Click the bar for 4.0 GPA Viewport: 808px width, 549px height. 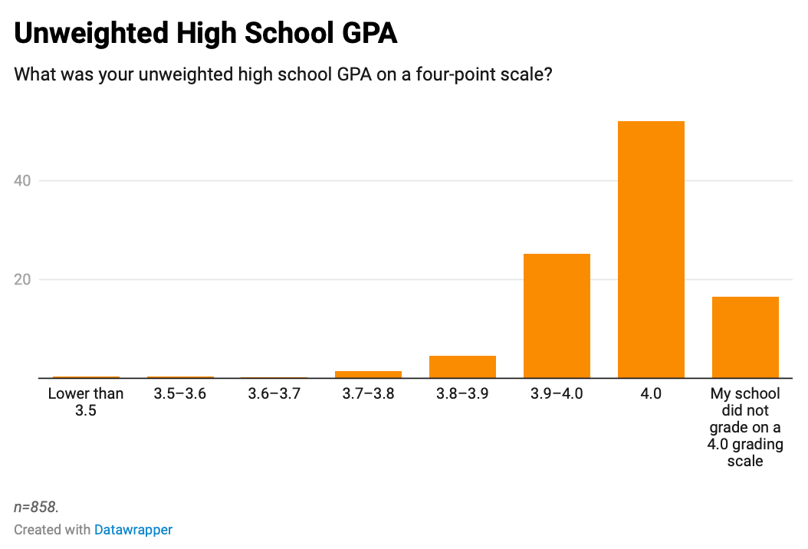pyautogui.click(x=651, y=249)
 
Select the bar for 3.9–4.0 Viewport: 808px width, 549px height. pyautogui.click(x=557, y=315)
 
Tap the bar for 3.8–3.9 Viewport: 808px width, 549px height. pyautogui.click(x=462, y=367)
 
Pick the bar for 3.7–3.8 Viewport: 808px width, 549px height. pyautogui.click(x=368, y=374)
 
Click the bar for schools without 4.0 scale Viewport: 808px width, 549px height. pyautogui.click(x=745, y=337)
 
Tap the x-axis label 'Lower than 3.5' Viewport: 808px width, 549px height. pyautogui.click(x=86, y=402)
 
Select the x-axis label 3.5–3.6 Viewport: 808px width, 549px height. pyautogui.click(x=180, y=394)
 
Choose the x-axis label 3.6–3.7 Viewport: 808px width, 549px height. pyautogui.click(x=274, y=394)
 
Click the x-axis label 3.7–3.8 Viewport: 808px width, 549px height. pyautogui.click(x=368, y=394)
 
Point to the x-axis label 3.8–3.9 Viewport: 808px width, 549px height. pyautogui.click(x=462, y=394)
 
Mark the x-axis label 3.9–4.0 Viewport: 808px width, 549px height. pyautogui.click(x=557, y=394)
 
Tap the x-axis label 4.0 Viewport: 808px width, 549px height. pyautogui.click(x=651, y=394)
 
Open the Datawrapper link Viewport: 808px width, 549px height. pyautogui.click(x=133, y=530)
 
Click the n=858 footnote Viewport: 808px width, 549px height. pyautogui.click(x=36, y=507)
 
